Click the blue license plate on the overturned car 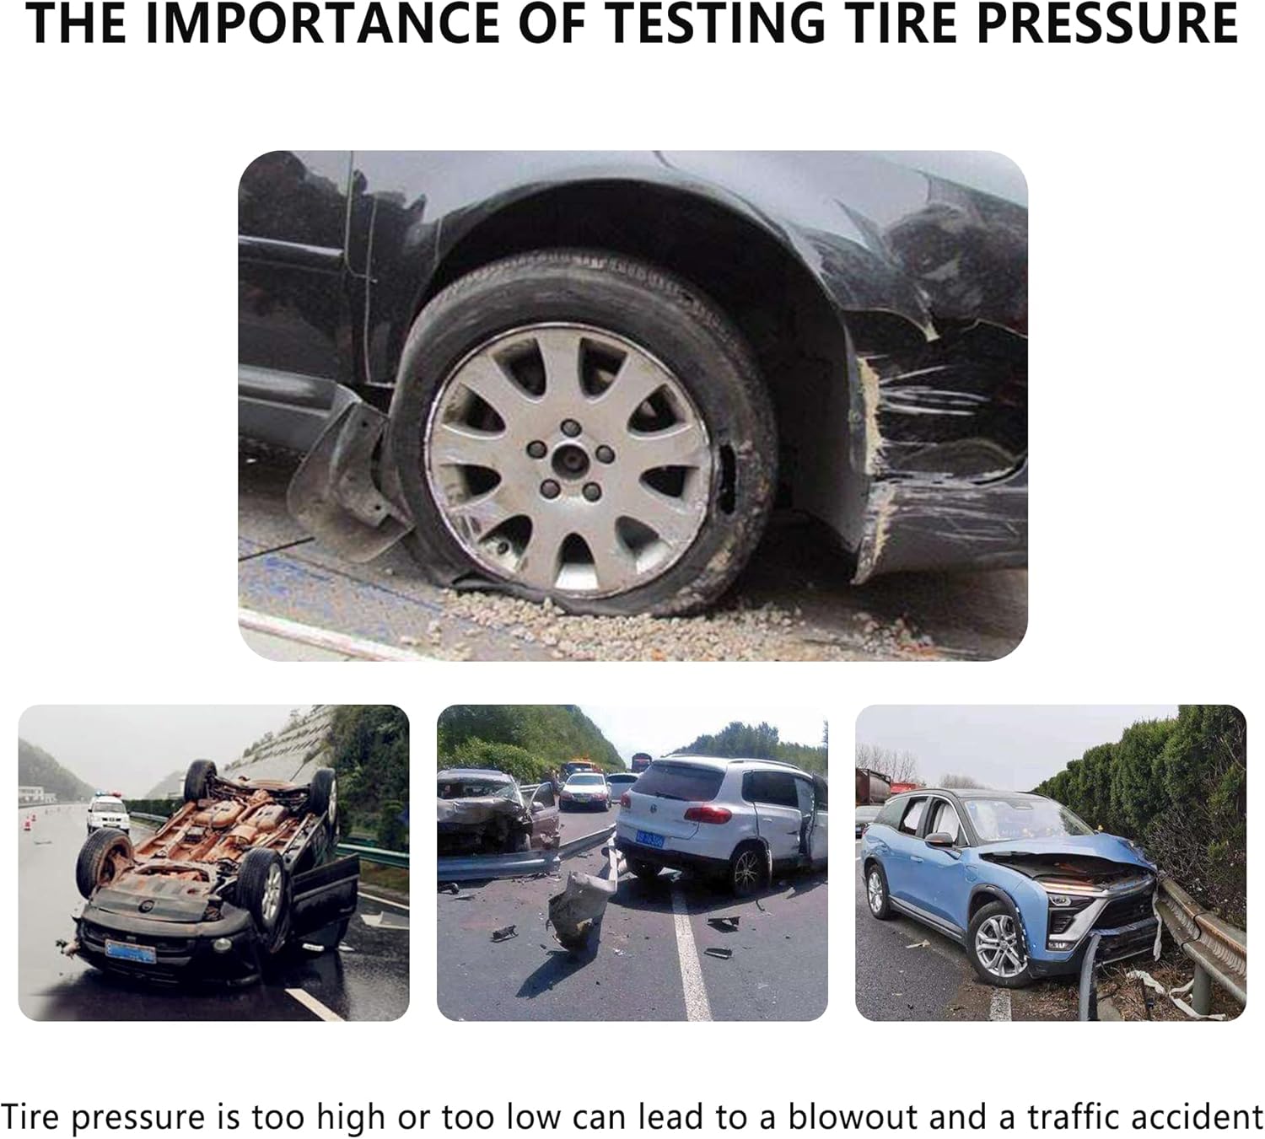coord(130,950)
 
